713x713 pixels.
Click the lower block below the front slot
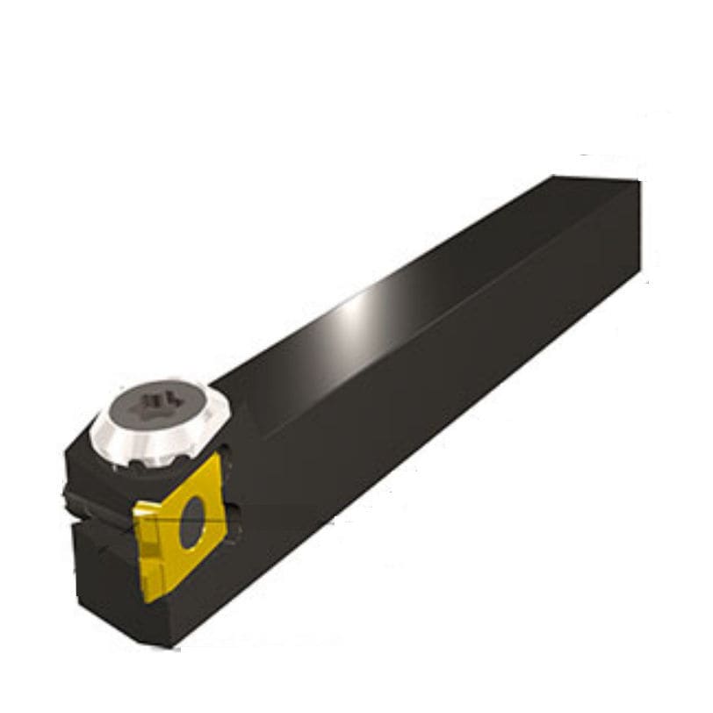tap(97, 571)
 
